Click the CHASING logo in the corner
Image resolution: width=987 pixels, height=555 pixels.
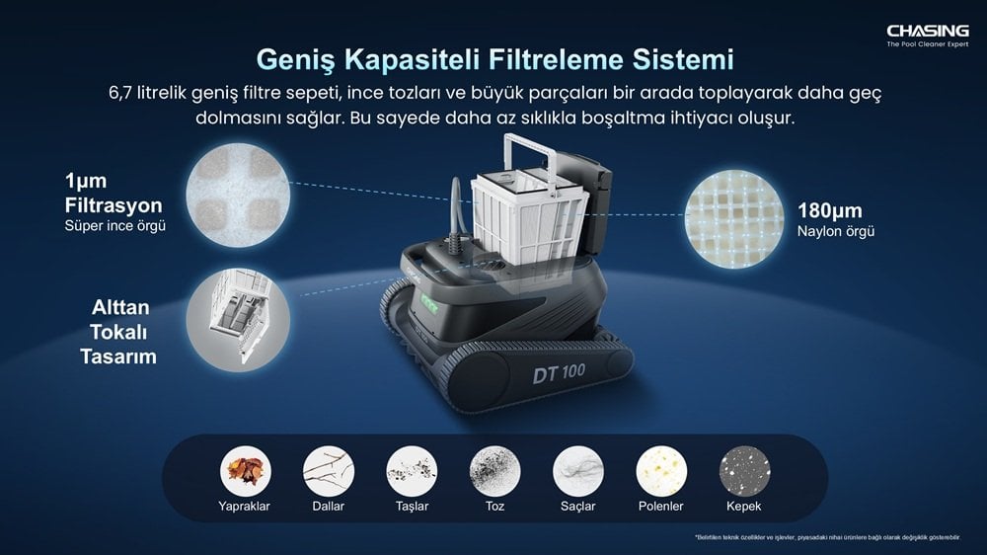[x=927, y=31]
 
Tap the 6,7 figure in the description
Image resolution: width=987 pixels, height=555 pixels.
[x=122, y=92]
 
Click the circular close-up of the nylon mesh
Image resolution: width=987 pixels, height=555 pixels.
[x=733, y=219]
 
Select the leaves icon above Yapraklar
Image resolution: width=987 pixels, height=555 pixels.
[x=245, y=472]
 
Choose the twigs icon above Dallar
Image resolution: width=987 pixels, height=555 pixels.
[x=328, y=472]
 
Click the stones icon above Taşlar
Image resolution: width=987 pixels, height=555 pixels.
[x=412, y=472]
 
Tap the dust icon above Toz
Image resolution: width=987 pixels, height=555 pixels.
[x=494, y=472]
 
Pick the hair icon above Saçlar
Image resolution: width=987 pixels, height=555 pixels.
[x=577, y=472]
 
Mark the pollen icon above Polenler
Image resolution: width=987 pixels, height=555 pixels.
[x=661, y=472]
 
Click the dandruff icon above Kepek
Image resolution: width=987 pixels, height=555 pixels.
[x=744, y=472]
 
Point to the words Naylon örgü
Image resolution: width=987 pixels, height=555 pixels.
[x=836, y=232]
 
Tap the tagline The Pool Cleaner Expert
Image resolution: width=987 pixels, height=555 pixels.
[x=927, y=45]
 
